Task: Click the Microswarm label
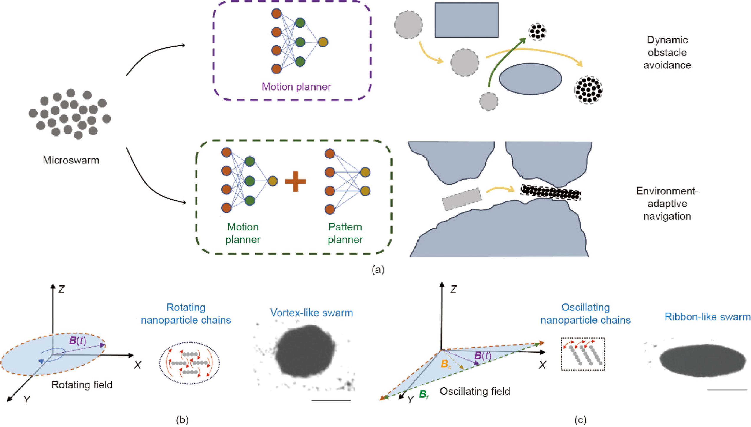pos(71,160)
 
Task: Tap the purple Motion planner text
pos(296,87)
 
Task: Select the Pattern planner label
pos(345,233)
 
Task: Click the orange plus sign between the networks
pos(295,181)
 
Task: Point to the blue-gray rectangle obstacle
pos(466,20)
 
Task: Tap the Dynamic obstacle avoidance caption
pos(667,53)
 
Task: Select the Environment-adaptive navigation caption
pos(667,204)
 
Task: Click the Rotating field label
pos(82,384)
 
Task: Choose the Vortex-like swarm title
pos(311,313)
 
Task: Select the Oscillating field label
pos(475,391)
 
